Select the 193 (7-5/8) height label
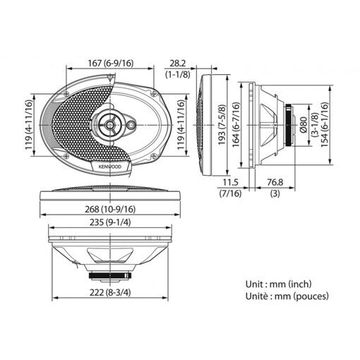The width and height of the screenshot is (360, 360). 222,122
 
